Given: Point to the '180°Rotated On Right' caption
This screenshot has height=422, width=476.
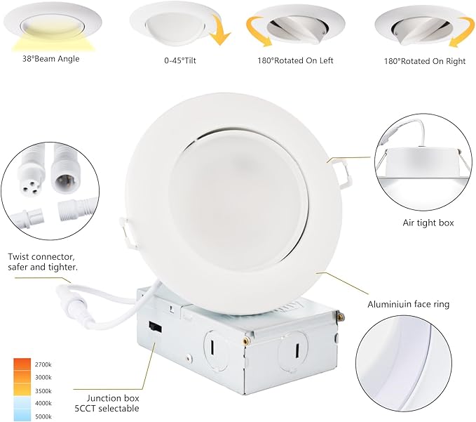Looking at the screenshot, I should click(425, 60).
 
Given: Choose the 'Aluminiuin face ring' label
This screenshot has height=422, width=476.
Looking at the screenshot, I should click(409, 304).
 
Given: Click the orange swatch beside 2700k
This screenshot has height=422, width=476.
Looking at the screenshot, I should click(22, 365).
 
